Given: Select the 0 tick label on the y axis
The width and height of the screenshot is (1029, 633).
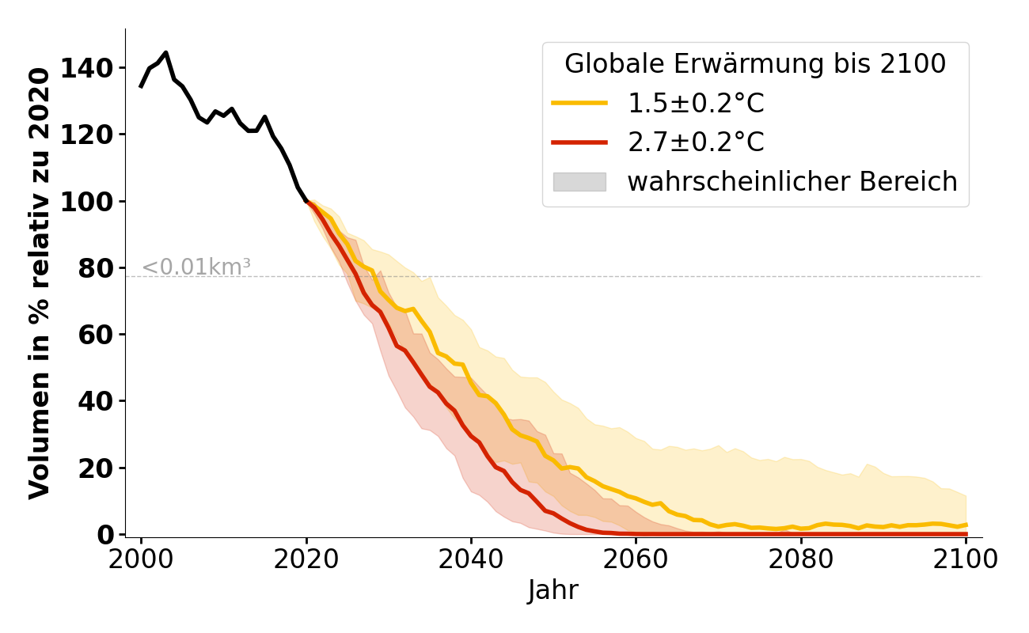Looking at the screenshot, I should [x=108, y=535].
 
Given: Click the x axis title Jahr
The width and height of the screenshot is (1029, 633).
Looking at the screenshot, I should [x=552, y=591].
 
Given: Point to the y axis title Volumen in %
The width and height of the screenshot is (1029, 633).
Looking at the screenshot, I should [x=40, y=282].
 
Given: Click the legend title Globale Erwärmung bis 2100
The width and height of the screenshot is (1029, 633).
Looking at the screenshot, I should [x=755, y=64].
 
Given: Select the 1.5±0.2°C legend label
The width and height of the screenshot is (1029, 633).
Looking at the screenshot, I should [x=696, y=103].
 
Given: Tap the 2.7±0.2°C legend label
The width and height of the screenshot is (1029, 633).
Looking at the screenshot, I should [x=696, y=142].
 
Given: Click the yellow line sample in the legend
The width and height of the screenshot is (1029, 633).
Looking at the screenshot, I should [x=579, y=103].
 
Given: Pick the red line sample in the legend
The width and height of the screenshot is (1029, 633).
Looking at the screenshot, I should [x=579, y=142].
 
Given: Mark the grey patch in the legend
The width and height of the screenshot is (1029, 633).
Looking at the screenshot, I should [x=579, y=182].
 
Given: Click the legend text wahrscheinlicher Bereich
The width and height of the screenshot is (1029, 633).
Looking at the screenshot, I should [x=792, y=182].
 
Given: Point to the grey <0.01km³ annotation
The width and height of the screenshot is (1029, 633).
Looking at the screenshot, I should [x=196, y=267].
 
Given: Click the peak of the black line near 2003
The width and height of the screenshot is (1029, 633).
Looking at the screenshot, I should [x=165, y=53].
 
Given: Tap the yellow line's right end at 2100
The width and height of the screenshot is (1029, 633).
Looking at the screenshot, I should [x=966, y=525].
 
